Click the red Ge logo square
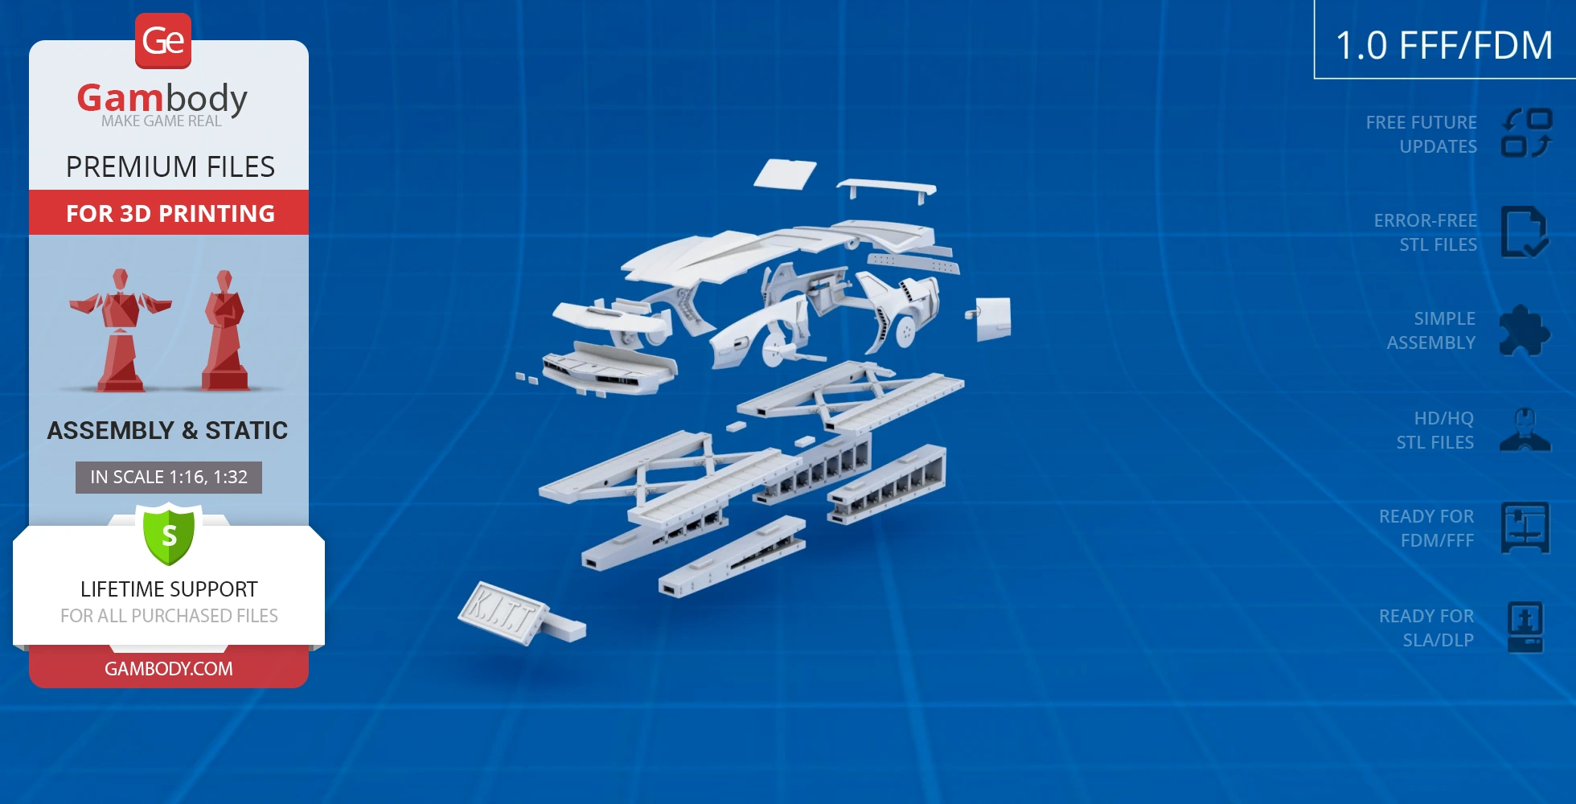(163, 40)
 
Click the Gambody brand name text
(162, 99)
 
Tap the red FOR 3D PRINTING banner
(169, 213)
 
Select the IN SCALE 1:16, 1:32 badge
(169, 477)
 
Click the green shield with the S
(169, 534)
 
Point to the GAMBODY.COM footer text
(169, 668)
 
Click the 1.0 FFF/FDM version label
(1444, 45)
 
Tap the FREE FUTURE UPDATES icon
(1526, 133)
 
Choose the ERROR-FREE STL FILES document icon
(1524, 232)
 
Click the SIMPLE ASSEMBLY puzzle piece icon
(1524, 330)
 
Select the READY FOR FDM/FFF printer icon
(1525, 527)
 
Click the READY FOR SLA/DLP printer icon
(1525, 627)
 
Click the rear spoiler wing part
(886, 190)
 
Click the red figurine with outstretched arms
(121, 330)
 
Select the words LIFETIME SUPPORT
(169, 589)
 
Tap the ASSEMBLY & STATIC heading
(167, 431)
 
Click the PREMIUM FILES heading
(170, 167)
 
